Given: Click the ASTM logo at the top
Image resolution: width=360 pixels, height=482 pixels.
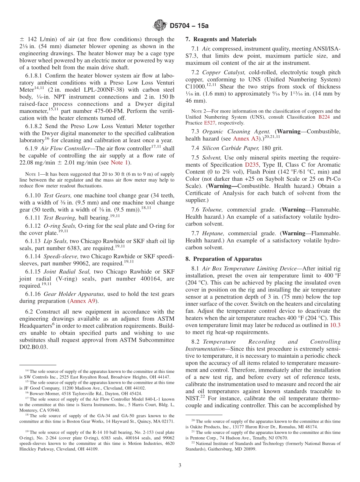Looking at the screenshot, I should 160,25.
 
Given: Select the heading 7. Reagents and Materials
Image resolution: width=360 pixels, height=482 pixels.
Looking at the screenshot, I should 221,39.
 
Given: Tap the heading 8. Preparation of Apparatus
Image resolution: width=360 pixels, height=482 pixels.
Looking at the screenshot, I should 224,259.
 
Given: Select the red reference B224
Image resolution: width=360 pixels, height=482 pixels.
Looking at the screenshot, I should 324,117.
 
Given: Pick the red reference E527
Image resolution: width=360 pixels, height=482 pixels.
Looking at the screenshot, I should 209,123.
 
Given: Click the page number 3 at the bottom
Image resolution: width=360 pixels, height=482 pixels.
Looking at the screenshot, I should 180,466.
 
